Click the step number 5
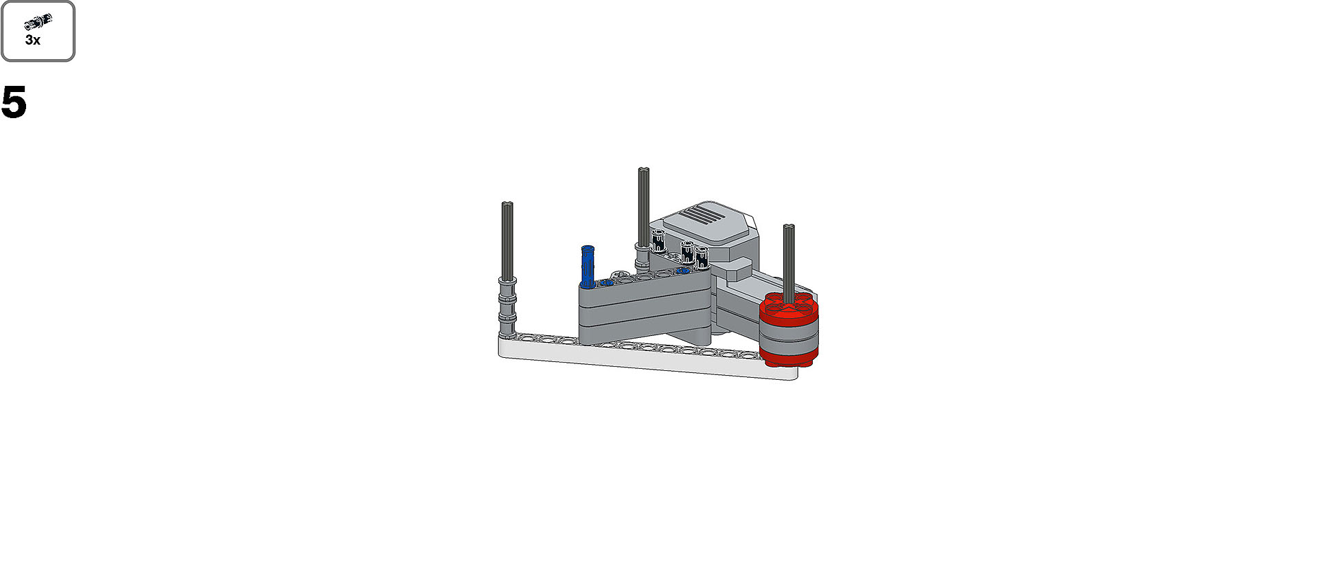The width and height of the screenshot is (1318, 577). point(14,103)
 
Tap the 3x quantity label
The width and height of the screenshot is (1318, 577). point(33,41)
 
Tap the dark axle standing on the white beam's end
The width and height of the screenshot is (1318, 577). point(507,240)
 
